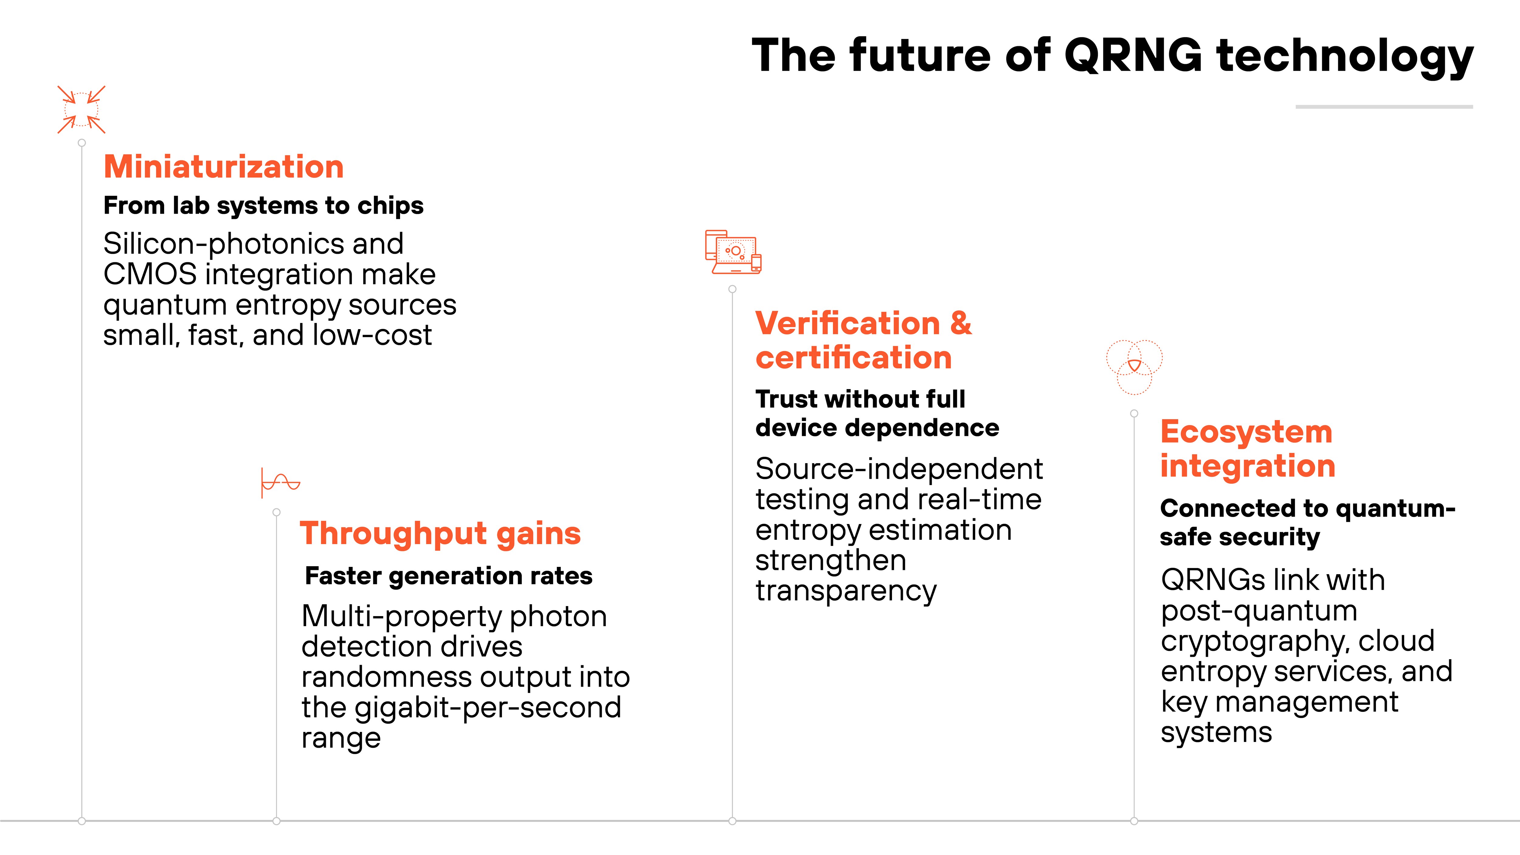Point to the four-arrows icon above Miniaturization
(81, 110)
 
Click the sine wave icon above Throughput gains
(280, 483)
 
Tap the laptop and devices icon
(733, 252)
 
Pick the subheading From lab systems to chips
(263, 205)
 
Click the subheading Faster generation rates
(448, 576)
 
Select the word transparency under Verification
(845, 591)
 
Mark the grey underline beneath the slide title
(1384, 107)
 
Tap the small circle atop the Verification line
(732, 289)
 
